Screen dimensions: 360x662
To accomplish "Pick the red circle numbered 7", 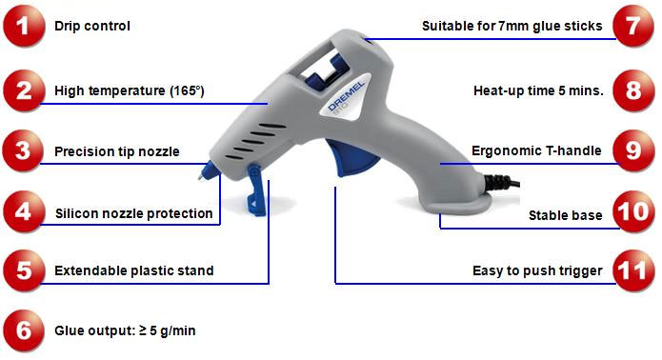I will (x=632, y=26).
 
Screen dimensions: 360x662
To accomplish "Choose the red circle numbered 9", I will (x=632, y=151).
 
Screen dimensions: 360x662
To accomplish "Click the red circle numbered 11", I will (x=632, y=270).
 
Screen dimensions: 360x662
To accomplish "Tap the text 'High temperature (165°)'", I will (x=130, y=92).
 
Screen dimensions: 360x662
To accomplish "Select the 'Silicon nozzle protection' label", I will (x=133, y=213).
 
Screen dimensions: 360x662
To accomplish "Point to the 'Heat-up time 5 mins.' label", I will (x=537, y=91).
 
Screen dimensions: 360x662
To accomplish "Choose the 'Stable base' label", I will (x=565, y=215).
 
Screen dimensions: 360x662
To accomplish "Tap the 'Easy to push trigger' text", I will (x=537, y=271).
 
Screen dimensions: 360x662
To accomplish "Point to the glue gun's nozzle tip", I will (x=203, y=176).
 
